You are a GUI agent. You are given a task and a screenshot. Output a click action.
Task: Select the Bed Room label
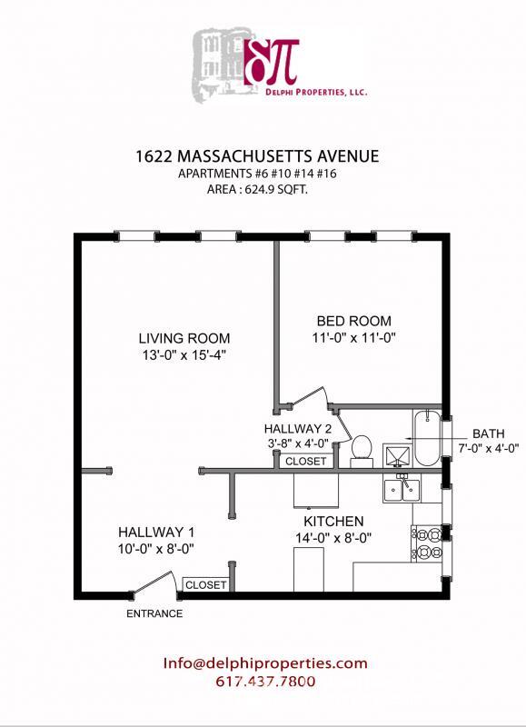click(x=353, y=321)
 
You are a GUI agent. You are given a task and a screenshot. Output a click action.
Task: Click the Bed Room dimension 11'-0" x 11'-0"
click(x=353, y=338)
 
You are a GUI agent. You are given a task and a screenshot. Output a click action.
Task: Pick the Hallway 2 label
click(x=297, y=428)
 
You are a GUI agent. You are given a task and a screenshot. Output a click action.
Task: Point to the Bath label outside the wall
click(x=490, y=433)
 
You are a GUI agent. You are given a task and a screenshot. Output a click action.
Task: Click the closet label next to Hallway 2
click(x=305, y=462)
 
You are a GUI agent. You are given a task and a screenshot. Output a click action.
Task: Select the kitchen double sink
click(x=401, y=491)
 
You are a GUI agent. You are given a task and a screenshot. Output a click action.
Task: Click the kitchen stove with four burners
click(x=426, y=542)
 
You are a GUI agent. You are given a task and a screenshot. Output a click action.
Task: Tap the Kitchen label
click(x=333, y=521)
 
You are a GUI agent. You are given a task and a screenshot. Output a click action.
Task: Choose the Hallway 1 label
click(x=155, y=532)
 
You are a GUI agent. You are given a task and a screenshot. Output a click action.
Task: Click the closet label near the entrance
click(x=206, y=585)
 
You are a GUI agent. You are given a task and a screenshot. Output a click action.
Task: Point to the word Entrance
click(x=154, y=613)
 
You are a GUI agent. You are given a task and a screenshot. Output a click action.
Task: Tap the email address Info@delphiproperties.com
click(x=265, y=663)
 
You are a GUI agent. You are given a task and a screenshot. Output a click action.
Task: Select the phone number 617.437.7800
click(x=265, y=682)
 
